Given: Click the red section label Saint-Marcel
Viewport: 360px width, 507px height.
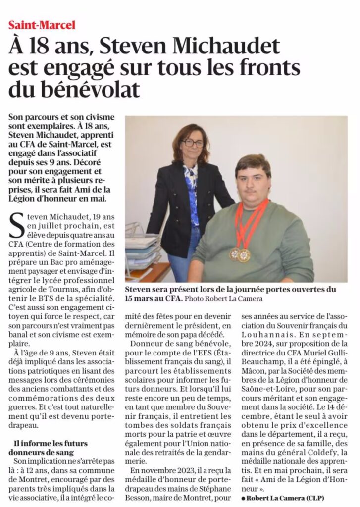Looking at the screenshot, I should point(42,24).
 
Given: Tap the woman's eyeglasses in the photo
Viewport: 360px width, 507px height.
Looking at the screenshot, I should point(192,143).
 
